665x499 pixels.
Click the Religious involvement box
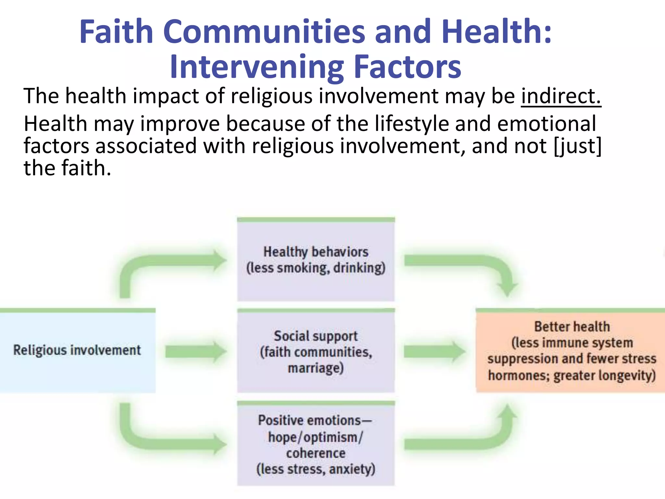(x=77, y=351)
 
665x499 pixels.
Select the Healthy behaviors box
(x=316, y=260)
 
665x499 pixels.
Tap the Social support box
(x=316, y=352)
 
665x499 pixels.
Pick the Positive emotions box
(x=316, y=444)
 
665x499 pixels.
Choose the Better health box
(x=571, y=351)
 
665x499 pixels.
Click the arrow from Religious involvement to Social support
(x=195, y=352)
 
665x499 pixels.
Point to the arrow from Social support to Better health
(x=434, y=352)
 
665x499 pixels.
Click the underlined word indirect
(x=561, y=96)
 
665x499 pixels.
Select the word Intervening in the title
(x=257, y=67)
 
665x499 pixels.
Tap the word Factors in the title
(x=407, y=67)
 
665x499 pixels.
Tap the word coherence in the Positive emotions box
(x=316, y=453)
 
